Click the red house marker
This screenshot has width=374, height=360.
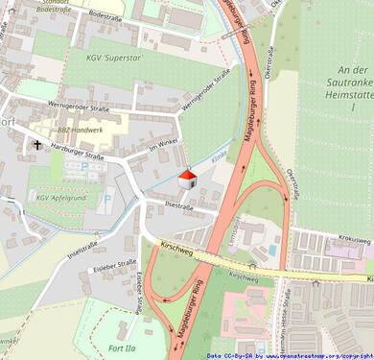click(x=188, y=178)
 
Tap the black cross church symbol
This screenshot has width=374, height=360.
click(x=37, y=145)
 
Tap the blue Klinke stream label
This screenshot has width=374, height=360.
click(x=219, y=151)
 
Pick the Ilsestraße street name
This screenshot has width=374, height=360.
click(x=179, y=204)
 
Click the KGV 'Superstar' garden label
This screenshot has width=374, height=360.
click(x=114, y=59)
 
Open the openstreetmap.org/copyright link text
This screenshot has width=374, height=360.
click(x=311, y=355)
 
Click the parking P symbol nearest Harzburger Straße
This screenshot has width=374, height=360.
click(x=85, y=166)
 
